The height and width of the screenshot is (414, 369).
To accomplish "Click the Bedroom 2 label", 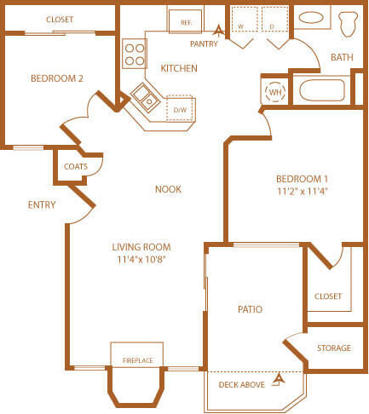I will tap(57, 78).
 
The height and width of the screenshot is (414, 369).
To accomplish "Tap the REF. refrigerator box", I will tap(185, 20).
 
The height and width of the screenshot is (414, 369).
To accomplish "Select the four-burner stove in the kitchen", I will tap(135, 53).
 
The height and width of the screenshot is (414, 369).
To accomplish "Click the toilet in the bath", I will tap(349, 24).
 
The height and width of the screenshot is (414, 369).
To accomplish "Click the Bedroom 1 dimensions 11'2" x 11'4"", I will tap(302, 192).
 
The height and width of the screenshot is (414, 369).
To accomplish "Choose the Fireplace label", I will tap(137, 360).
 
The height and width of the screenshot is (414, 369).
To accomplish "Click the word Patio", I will tap(250, 309).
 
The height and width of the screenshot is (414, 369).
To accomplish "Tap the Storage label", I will tap(334, 348).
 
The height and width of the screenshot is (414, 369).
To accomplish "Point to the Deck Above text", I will tap(242, 385).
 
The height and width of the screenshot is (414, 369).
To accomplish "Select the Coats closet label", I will tap(76, 166).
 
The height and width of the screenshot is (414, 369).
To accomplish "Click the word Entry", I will tap(42, 204).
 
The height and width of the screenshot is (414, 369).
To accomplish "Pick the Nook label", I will tap(168, 189).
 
